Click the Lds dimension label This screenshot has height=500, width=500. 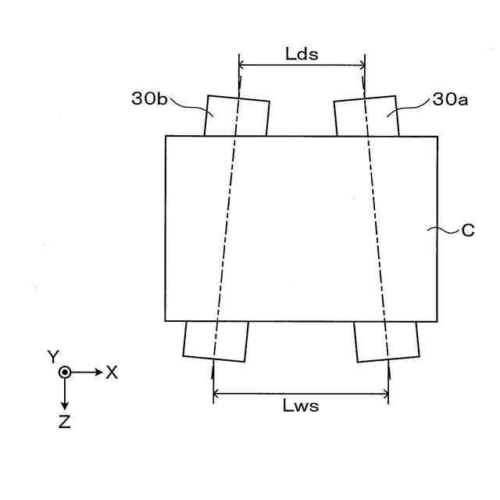tap(302, 53)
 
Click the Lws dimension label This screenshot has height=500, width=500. tap(301, 406)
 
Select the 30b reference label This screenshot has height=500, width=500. tap(148, 99)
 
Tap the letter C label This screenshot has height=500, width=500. tap(468, 230)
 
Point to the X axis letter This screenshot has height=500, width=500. tap(112, 373)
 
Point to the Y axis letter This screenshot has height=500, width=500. tap(53, 357)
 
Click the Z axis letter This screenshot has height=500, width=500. tap(65, 423)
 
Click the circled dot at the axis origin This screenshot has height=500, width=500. tap(65, 373)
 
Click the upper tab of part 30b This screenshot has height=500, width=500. tap(237, 116)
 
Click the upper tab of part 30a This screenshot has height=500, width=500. tap(366, 116)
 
